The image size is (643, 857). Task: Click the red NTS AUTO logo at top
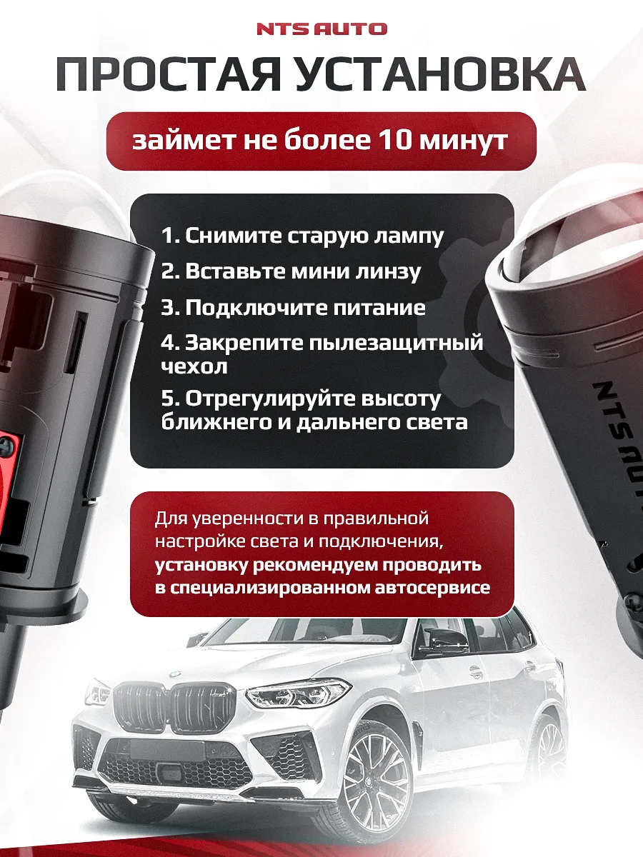(x=321, y=29)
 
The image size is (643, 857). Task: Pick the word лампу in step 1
(x=409, y=236)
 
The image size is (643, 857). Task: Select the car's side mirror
(x=438, y=641)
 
